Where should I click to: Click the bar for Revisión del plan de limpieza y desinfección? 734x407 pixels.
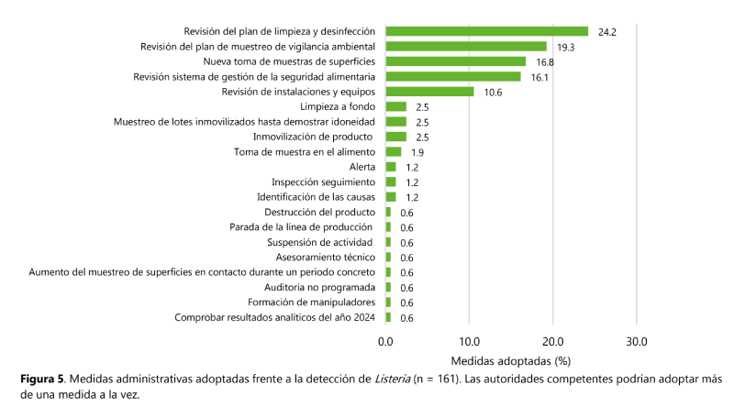pos(486,31)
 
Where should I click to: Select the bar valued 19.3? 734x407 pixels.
pos(466,46)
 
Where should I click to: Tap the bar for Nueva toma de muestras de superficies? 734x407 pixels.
pos(455,61)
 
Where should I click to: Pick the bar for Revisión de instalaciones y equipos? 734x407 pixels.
pos(429,92)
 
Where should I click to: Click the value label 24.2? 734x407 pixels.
pos(606,32)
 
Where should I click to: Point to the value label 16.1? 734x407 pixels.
pos(539,77)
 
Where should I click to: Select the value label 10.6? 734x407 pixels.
pos(493,93)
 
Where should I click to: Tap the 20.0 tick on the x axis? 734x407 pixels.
pos(552,341)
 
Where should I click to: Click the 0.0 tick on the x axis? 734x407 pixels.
pos(385,341)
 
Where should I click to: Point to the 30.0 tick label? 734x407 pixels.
pos(636,341)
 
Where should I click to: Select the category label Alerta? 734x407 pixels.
pos(363,167)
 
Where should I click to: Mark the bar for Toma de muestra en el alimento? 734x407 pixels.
pos(394,151)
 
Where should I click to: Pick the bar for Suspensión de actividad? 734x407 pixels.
pos(388,242)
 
